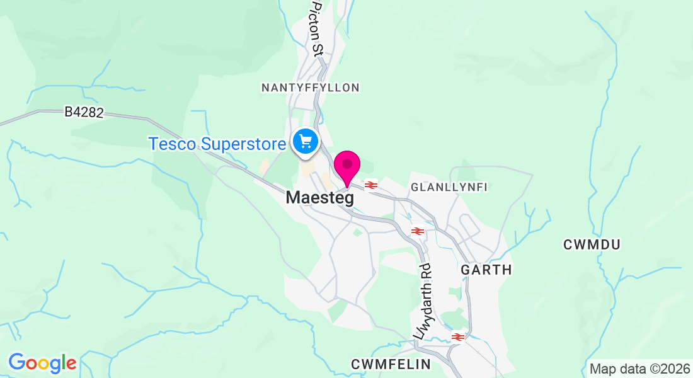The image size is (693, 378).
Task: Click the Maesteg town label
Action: pyautogui.click(x=320, y=197)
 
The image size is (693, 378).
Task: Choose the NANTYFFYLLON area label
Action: pyautogui.click(x=311, y=88)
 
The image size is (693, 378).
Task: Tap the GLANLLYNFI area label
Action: pyautogui.click(x=449, y=187)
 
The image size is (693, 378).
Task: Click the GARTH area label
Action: pyautogui.click(x=486, y=270)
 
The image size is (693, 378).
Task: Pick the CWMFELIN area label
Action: pyautogui.click(x=391, y=364)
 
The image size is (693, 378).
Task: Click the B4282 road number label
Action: pyautogui.click(x=84, y=112)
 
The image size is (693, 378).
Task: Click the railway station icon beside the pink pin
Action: pyautogui.click(x=370, y=185)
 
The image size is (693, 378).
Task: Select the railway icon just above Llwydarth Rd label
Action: pyautogui.click(x=416, y=231)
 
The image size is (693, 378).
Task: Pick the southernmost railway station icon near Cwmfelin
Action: pyautogui.click(x=458, y=337)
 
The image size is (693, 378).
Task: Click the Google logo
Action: pyautogui.click(x=42, y=363)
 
